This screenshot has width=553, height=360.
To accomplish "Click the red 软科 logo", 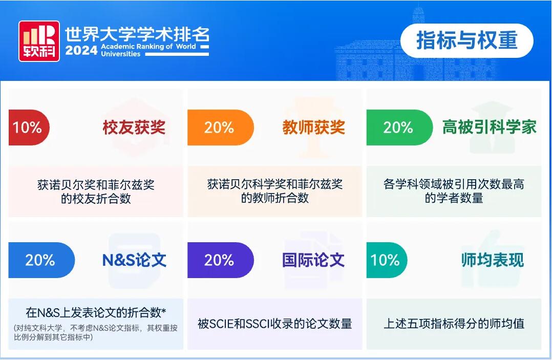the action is pos(39,41).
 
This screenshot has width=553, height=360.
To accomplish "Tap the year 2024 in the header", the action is pos(81,50).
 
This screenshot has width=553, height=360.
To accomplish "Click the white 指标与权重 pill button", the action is pos(466,40).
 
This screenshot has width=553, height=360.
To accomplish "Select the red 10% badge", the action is pos(29,128).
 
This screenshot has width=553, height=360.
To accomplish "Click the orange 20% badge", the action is pos(220,128).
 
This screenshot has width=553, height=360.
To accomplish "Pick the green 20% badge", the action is pos(399,128).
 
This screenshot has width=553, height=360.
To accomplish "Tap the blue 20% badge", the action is pos(41,260).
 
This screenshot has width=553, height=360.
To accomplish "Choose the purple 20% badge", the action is pos(220,260).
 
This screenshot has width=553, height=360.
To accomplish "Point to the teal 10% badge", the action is pos(387,260).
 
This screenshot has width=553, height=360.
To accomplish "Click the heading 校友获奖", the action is pos(134,128).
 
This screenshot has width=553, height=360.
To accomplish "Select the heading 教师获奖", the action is pos(313,128).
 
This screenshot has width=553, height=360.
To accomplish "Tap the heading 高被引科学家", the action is pos(490,127).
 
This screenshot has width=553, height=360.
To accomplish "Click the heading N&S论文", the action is pos(134,260).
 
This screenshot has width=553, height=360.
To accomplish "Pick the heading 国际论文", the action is pos(313,260).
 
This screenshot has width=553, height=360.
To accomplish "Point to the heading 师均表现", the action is pos(493,260).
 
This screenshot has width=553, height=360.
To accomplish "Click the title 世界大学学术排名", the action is pos(137,34).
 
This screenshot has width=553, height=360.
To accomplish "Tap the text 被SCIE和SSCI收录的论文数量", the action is pos(275,323).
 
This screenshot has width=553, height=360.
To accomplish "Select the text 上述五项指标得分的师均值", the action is pos(454,323).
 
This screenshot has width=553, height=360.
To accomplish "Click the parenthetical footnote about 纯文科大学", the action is pos(96,332).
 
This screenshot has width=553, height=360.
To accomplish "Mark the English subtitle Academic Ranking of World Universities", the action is pos(148,50).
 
